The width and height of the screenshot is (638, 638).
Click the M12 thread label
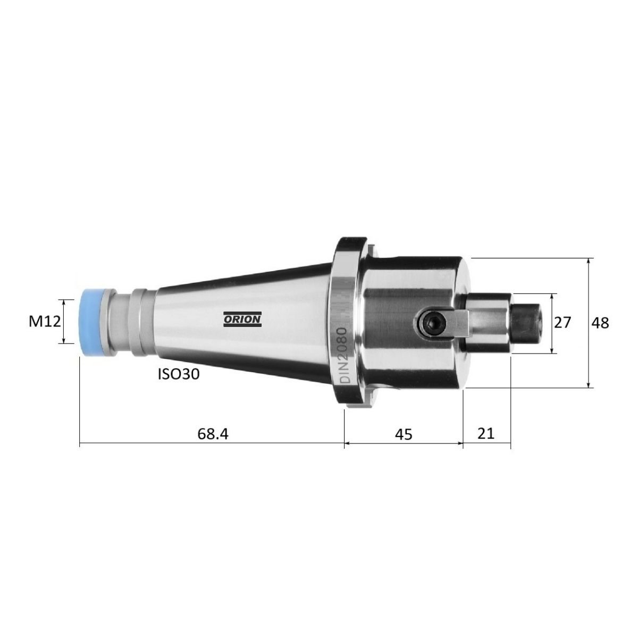coord(45,322)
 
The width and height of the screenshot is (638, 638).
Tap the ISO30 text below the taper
coord(179,374)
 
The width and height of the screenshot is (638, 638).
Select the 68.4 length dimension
coord(213,433)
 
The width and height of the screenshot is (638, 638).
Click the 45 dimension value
coord(404,434)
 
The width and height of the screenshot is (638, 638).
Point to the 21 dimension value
coord(486,433)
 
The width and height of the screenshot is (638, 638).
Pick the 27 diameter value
coord(563,323)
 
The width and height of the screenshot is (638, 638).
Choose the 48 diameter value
coord(600,323)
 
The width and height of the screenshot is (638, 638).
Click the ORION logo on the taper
coord(242,319)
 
